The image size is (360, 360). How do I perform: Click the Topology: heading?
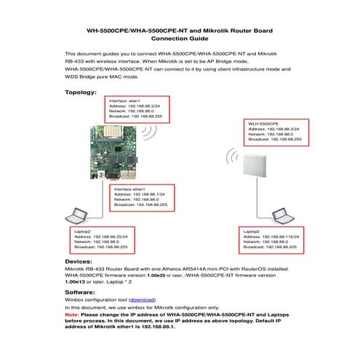point(81,92)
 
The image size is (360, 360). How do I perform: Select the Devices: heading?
point(79,260)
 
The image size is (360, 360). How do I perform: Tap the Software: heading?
point(81,292)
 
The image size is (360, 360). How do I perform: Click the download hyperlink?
point(143,300)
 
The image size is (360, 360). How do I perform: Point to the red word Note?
point(72,314)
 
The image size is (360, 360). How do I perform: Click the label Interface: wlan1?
point(124,100)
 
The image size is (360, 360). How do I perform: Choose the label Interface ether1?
point(130,188)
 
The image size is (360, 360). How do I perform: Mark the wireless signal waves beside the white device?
point(232,157)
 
